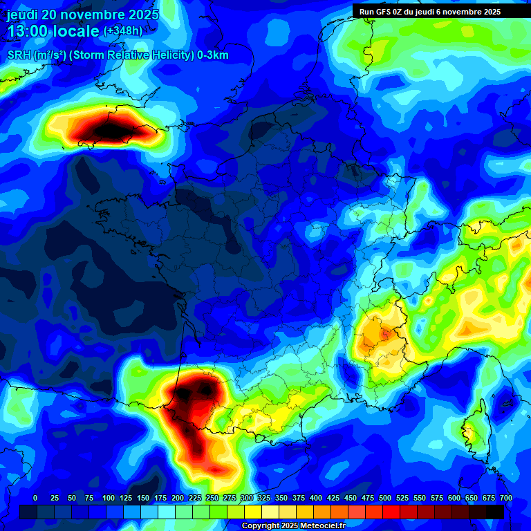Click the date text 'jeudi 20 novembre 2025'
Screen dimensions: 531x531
pyautogui.click(x=82, y=15)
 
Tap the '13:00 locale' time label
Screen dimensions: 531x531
pyautogui.click(x=53, y=31)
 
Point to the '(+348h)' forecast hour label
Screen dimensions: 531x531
pyautogui.click(x=123, y=31)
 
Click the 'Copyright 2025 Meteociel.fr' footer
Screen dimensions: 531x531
pyautogui.click(x=293, y=525)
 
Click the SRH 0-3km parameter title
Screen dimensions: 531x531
pyautogui.click(x=118, y=55)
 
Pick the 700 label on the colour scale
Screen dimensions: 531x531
pyautogui.click(x=505, y=498)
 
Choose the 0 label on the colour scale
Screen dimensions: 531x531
pyautogui.click(x=35, y=498)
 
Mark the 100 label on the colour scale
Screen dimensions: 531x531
pyautogui.click(x=109, y=498)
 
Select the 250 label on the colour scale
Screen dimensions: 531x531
pyautogui.click(x=212, y=498)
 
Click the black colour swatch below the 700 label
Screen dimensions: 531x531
pyautogui.click(x=495, y=512)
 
